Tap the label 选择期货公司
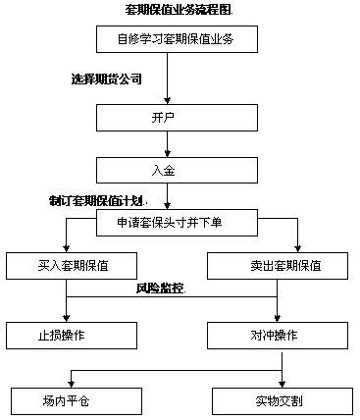(107, 78)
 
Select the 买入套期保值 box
(71, 266)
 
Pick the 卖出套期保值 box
(279, 266)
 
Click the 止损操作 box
(71, 335)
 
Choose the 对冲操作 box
(279, 335)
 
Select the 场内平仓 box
(71, 401)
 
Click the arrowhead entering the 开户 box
(170, 98)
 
